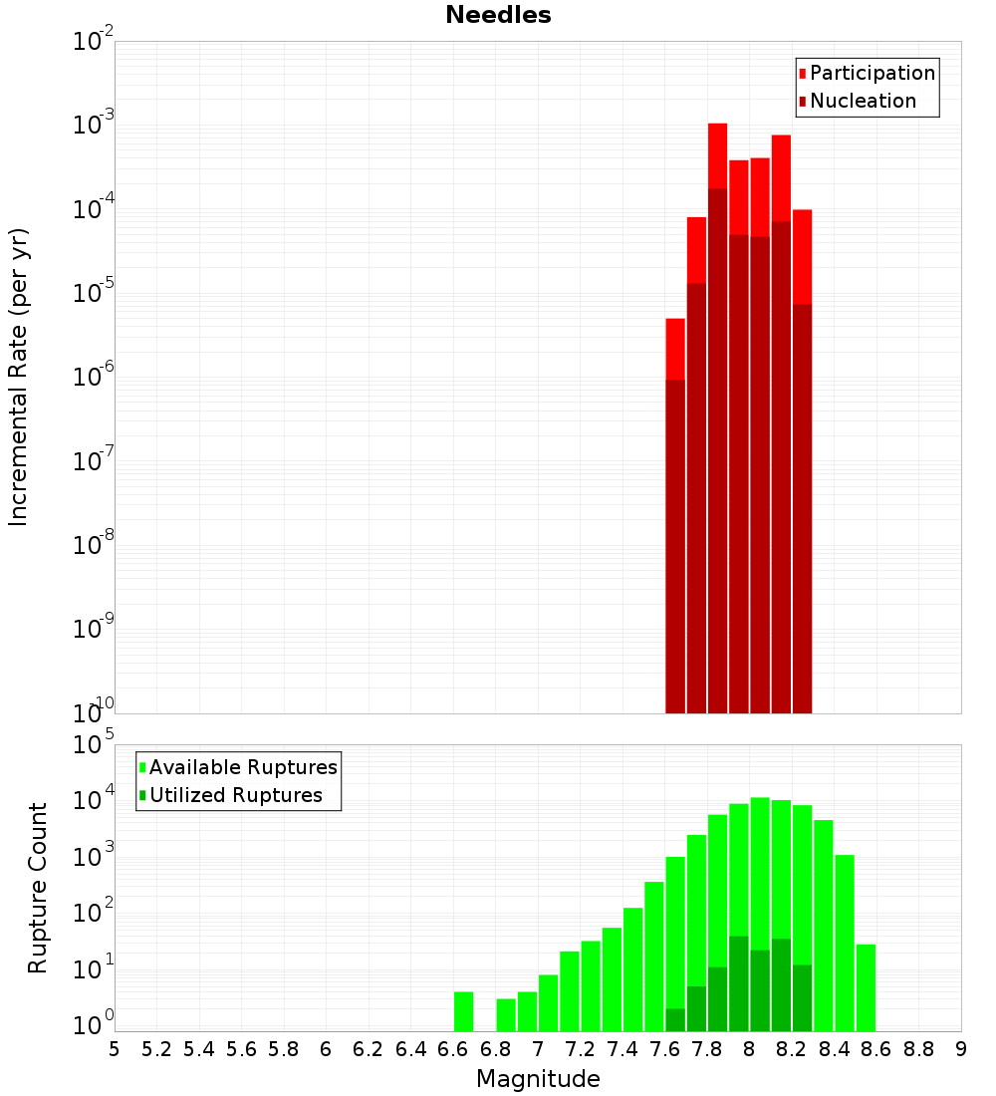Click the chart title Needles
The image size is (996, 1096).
(498, 15)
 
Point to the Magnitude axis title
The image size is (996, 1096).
(538, 1079)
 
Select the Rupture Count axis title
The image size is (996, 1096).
(38, 888)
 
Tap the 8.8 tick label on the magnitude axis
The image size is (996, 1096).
(918, 1049)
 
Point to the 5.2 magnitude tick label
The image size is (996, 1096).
(157, 1049)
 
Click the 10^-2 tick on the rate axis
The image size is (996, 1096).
(94, 42)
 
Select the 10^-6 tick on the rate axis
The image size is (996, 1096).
(94, 377)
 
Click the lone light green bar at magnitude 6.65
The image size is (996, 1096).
(463, 1010)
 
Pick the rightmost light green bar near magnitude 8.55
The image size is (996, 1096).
(866, 986)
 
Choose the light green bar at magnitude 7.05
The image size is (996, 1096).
(548, 1001)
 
